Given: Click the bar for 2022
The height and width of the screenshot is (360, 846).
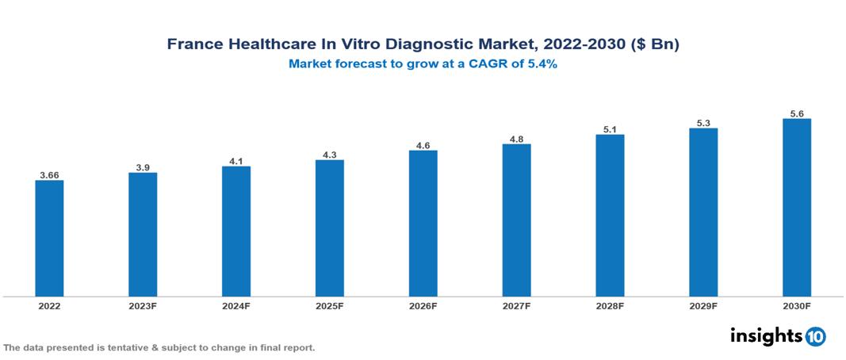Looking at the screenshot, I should [49, 239].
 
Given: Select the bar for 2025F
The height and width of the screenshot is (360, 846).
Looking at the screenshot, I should [329, 228].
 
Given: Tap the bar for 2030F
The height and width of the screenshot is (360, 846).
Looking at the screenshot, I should [796, 208].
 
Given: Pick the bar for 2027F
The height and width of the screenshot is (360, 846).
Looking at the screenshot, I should [516, 220].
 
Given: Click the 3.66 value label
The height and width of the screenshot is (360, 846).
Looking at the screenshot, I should [49, 174].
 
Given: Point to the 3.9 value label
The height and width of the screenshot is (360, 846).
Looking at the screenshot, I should [143, 167].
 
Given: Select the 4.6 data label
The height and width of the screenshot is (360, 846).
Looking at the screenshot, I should [423, 145].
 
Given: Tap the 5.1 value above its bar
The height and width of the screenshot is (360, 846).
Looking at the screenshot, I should [610, 128].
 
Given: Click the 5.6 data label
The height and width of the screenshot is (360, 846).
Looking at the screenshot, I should [797, 113].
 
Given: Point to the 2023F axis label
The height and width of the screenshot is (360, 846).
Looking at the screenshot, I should [143, 305].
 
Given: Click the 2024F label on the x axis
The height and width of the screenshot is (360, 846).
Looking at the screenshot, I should [236, 305].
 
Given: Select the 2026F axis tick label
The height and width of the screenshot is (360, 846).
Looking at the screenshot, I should [423, 305].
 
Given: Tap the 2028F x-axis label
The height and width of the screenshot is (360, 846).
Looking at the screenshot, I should [610, 305].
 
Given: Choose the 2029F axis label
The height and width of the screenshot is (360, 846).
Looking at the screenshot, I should [703, 305].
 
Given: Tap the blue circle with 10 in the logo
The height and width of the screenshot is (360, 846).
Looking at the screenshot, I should [815, 336].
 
